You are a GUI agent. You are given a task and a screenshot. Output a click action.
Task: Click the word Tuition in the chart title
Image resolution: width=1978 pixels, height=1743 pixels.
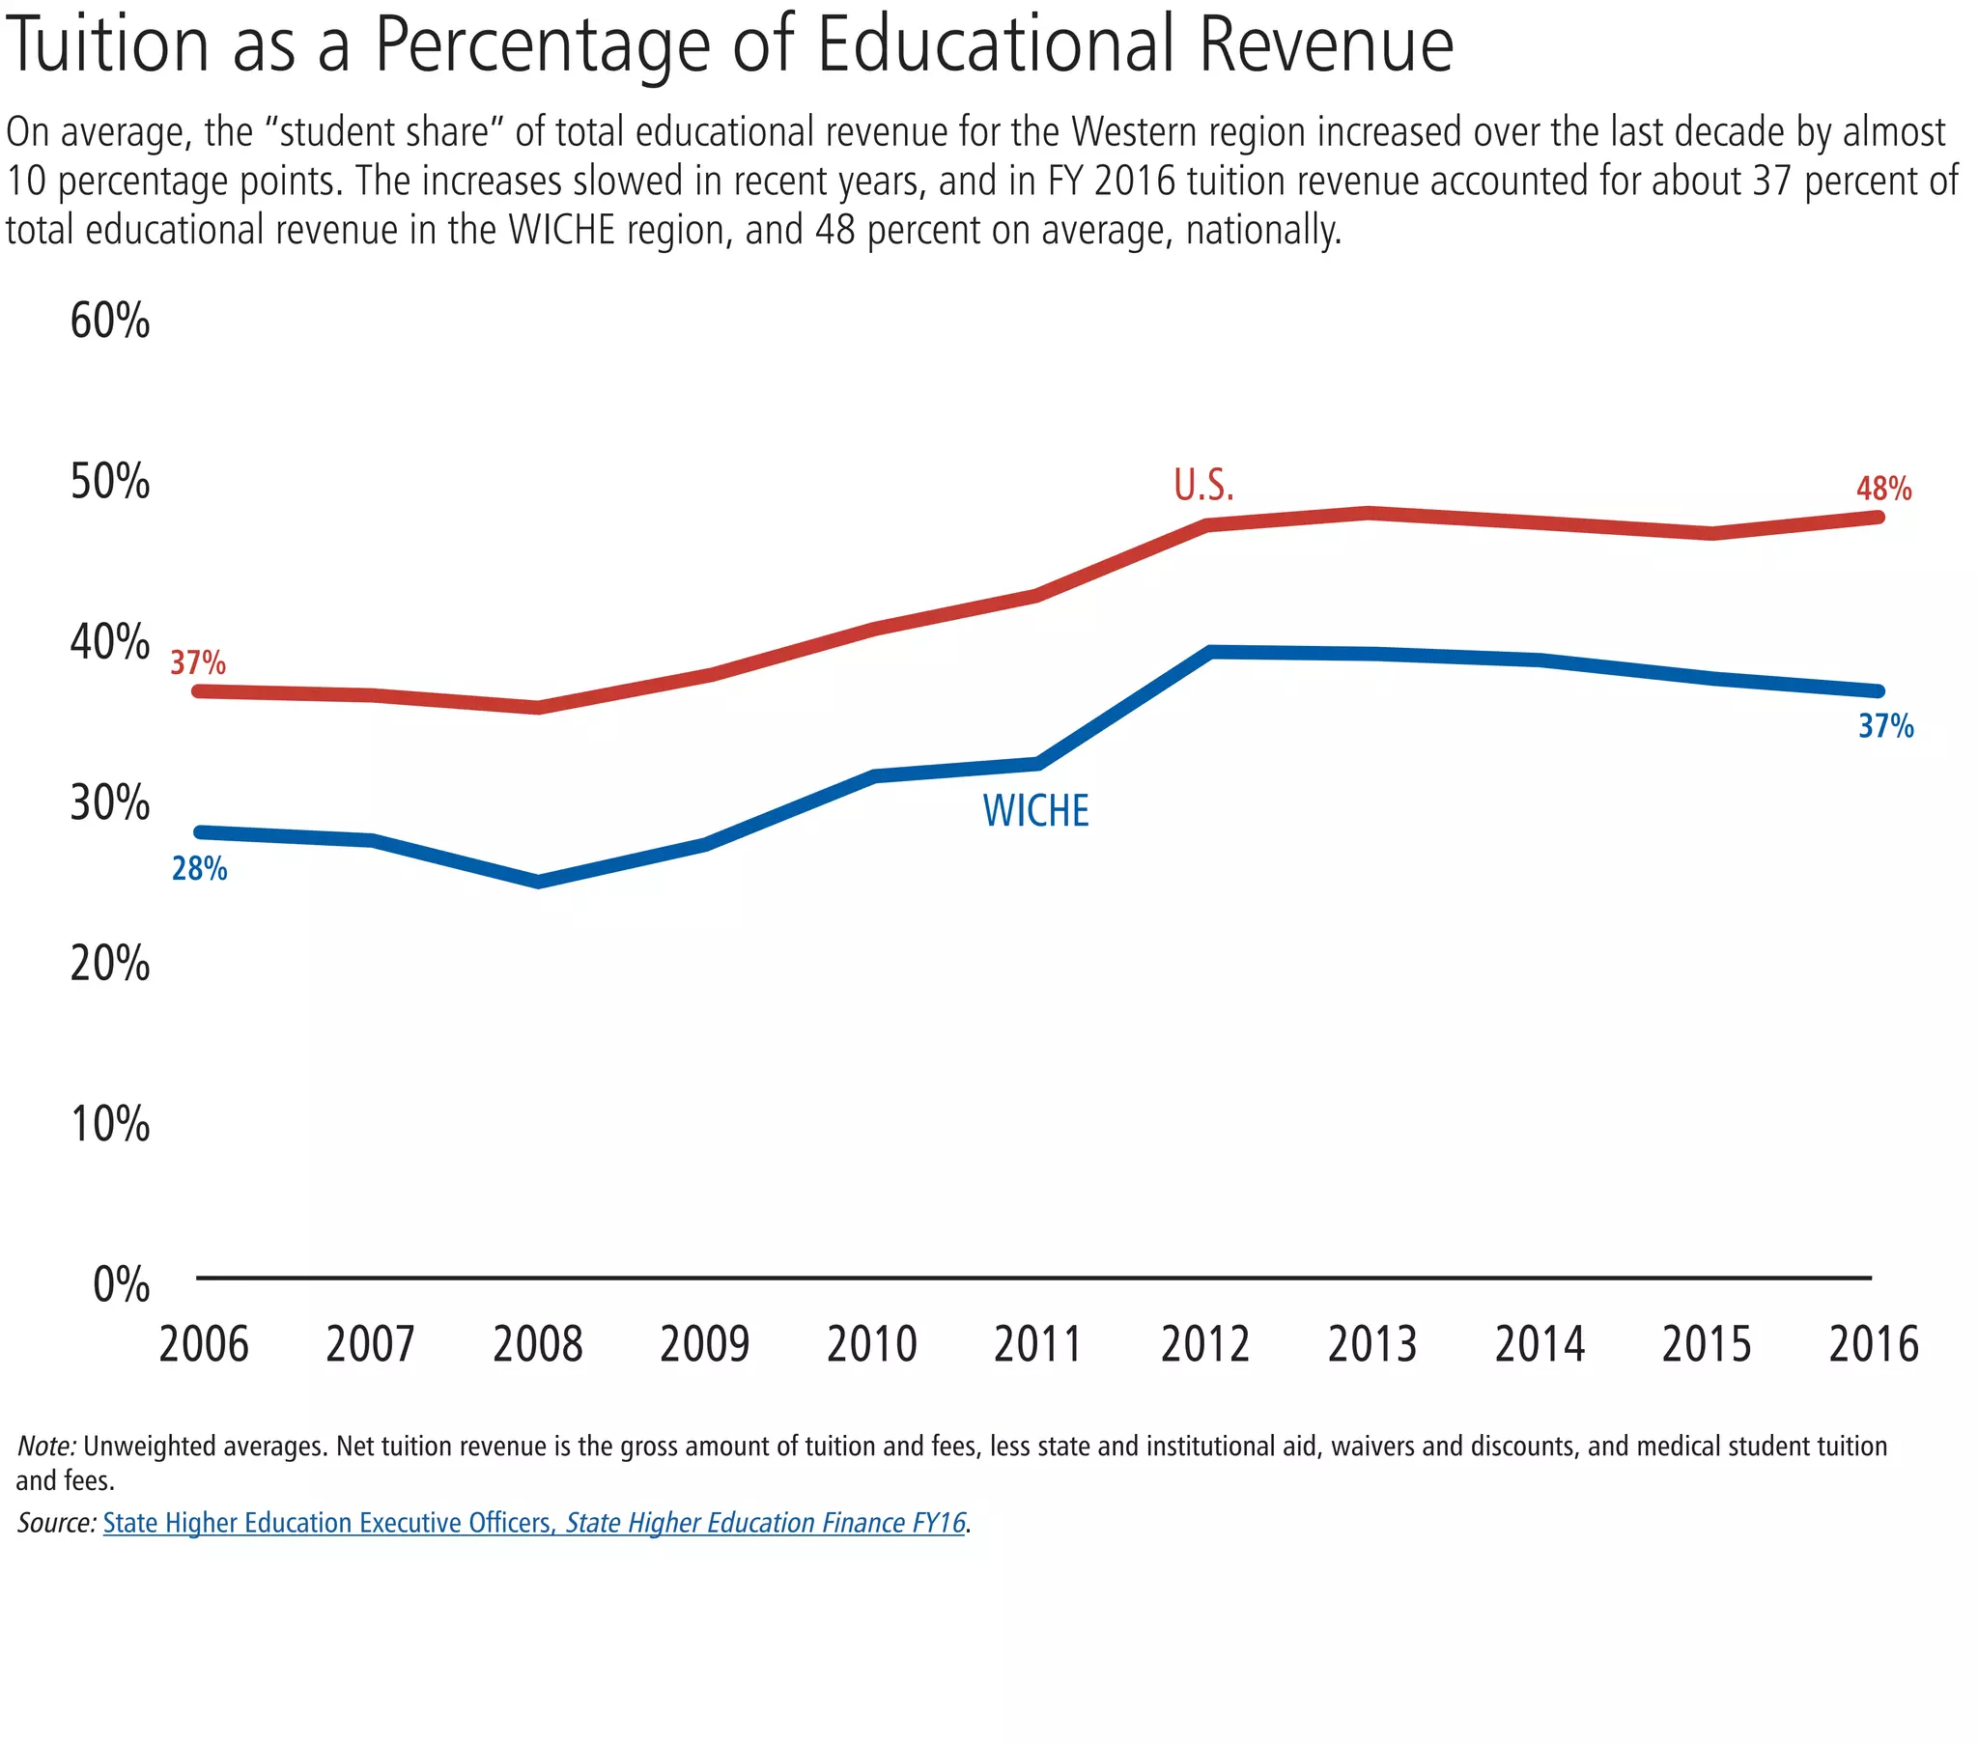[106, 45]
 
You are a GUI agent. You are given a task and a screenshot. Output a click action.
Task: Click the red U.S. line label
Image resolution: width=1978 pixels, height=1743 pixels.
[1203, 486]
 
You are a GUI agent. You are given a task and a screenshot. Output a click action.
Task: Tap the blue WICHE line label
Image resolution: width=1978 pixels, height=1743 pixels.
[1035, 811]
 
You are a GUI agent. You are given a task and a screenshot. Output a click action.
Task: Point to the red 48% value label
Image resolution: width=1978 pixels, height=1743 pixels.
[1883, 489]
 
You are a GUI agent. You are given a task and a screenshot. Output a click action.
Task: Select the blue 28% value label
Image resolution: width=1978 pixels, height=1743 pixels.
[199, 869]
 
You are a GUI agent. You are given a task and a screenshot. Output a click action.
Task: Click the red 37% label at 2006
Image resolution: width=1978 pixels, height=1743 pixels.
[198, 663]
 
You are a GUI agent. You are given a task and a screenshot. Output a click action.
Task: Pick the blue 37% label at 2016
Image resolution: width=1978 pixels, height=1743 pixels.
[1885, 726]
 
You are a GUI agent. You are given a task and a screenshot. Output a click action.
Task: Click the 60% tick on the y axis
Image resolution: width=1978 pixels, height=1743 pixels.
[110, 321]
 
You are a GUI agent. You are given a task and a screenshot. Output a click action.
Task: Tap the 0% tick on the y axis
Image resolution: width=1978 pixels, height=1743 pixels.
[122, 1285]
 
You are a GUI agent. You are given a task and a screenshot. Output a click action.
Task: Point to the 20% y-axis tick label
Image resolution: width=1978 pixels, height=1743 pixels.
[110, 964]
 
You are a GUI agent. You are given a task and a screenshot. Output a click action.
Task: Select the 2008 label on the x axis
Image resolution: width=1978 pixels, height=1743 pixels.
[538, 1344]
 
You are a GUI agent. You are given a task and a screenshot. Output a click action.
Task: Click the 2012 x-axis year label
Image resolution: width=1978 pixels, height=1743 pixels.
[1204, 1344]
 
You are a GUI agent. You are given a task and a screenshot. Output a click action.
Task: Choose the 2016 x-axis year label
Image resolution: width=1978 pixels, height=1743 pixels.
[1874, 1344]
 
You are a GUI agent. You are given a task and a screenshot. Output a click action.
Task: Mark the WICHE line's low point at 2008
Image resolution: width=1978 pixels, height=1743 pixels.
[539, 881]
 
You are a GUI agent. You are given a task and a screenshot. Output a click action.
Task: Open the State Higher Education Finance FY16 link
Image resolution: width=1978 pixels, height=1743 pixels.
[766, 1523]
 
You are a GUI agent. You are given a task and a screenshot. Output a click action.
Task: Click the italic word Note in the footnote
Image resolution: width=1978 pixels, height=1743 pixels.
[45, 1446]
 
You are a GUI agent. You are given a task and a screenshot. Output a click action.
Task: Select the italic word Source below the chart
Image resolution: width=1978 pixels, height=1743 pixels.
[55, 1523]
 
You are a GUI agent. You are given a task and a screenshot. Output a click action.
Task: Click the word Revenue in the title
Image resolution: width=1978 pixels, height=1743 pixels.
[1326, 45]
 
